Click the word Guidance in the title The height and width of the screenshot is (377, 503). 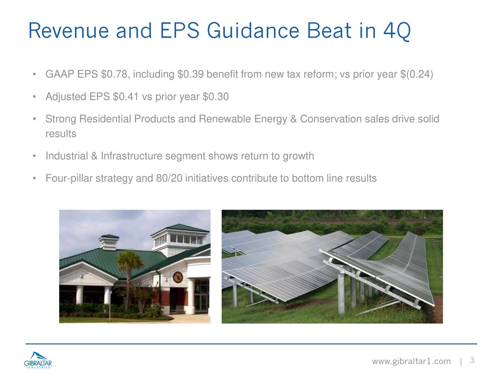pyautogui.click(x=253, y=31)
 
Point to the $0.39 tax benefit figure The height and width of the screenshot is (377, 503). pyautogui.click(x=191, y=74)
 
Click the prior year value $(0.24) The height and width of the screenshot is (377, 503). pyautogui.click(x=417, y=74)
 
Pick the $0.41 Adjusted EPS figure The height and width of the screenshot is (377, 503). pyautogui.click(x=126, y=96)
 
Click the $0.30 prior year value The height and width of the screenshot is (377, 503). pyautogui.click(x=216, y=96)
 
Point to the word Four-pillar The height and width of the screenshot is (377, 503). pyautogui.click(x=69, y=178)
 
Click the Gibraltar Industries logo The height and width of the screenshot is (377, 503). pyautogui.click(x=38, y=360)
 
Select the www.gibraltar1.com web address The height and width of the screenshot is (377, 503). pyautogui.click(x=411, y=361)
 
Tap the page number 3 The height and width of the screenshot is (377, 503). pyautogui.click(x=472, y=360)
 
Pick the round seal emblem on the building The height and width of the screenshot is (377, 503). pyautogui.click(x=178, y=277)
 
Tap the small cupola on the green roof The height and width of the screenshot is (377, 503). pyautogui.click(x=108, y=242)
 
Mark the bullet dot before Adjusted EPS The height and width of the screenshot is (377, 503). pyautogui.click(x=34, y=97)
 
